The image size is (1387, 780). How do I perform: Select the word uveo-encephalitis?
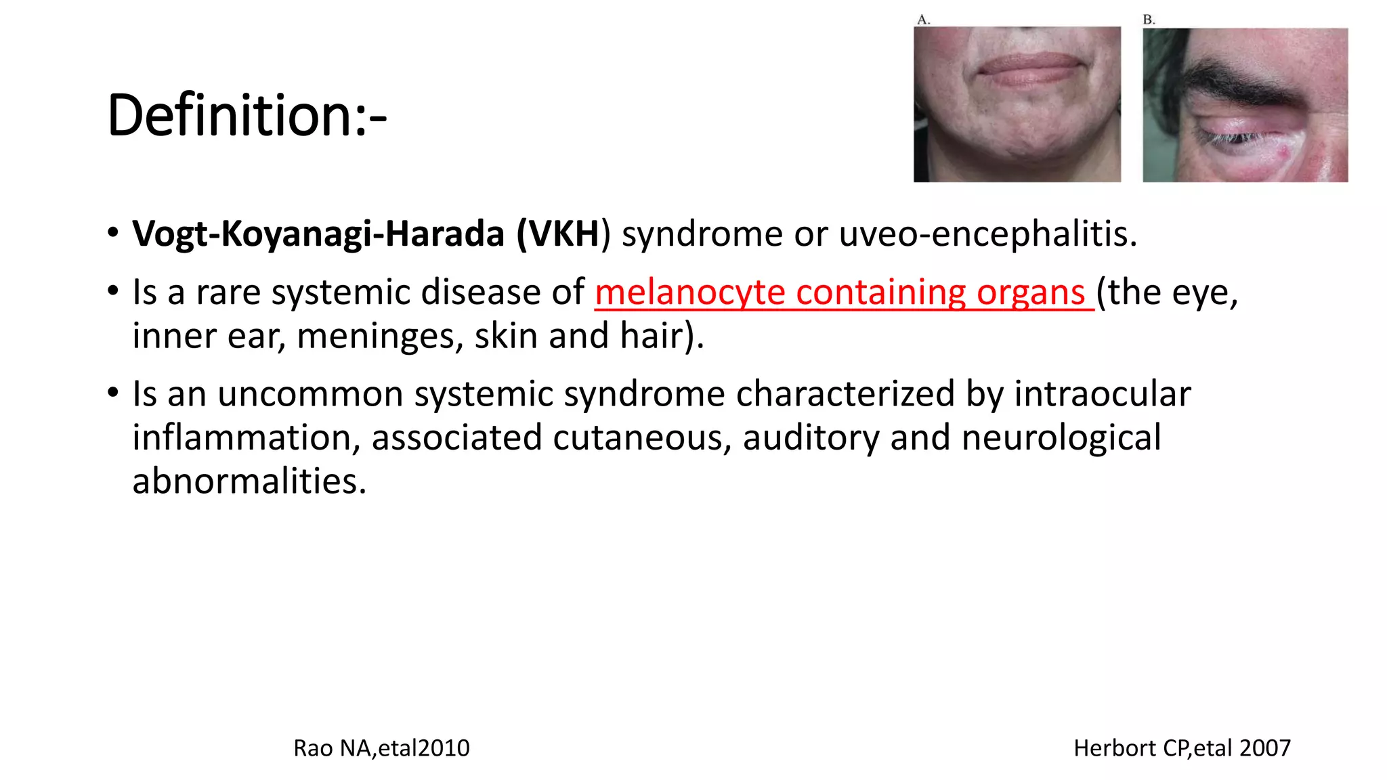(987, 234)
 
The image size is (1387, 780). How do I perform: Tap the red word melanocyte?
(689, 292)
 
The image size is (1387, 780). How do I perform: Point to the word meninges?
(380, 337)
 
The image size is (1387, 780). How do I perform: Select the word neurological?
(1061, 438)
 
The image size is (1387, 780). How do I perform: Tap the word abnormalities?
(249, 481)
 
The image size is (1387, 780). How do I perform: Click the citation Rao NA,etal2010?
(381, 748)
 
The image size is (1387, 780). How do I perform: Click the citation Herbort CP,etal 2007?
(1182, 748)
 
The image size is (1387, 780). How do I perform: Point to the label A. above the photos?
(924, 20)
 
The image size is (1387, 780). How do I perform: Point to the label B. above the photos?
(1149, 20)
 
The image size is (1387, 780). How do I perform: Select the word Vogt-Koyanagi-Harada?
(318, 234)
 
